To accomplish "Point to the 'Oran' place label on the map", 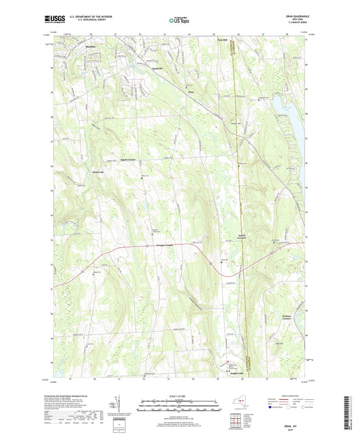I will [190, 87].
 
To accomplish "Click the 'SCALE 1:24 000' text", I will [180, 396].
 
